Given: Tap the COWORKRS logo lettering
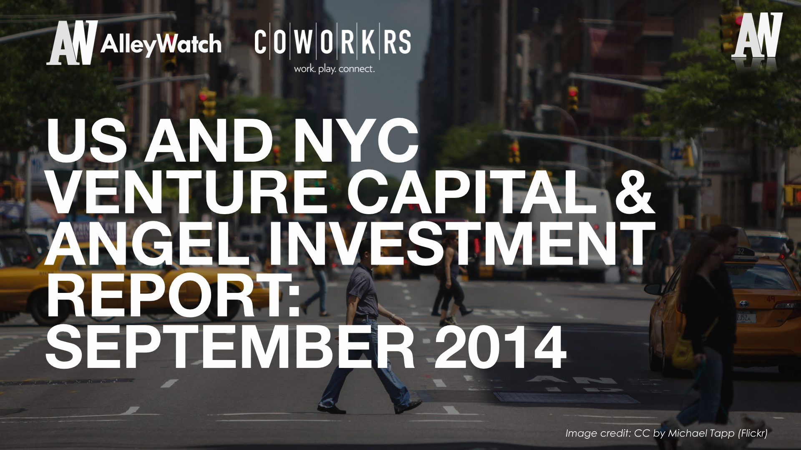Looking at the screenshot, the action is click(x=332, y=42).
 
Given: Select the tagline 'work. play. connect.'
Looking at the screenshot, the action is click(x=334, y=69).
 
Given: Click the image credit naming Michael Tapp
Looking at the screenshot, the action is click(x=666, y=433).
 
